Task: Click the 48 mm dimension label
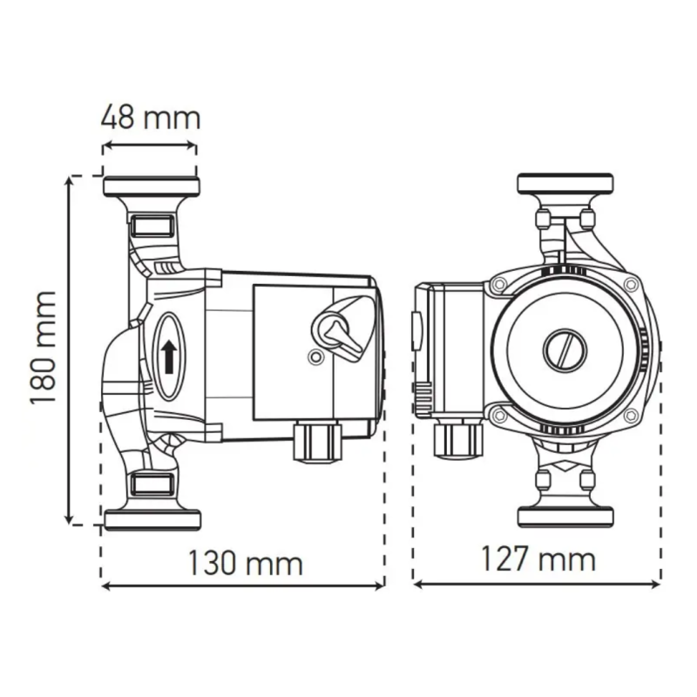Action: coord(151,118)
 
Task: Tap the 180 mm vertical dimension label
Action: coord(44,348)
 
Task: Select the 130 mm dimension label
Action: coord(246,563)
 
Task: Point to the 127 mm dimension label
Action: coord(538,559)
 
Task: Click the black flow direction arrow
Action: coord(169,357)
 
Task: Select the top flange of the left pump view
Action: coord(151,186)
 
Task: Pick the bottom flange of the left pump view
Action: coord(152,519)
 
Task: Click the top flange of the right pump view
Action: coord(565,184)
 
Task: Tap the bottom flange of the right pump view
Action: coord(565,517)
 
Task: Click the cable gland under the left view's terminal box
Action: coord(317,442)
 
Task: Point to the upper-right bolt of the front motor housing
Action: coord(631,285)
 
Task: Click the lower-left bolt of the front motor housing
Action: coord(499,416)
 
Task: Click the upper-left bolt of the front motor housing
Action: coord(499,284)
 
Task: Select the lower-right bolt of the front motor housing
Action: coord(631,416)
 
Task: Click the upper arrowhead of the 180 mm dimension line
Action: coord(69,180)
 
